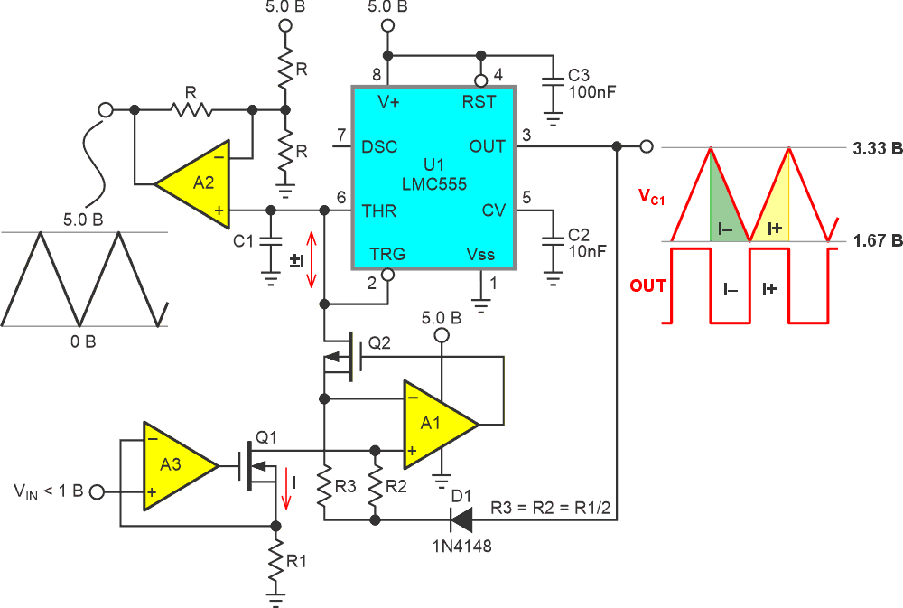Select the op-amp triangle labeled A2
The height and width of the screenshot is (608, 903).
tap(197, 183)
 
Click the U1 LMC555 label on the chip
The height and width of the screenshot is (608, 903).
tap(433, 176)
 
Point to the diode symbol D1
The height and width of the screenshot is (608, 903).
tap(461, 519)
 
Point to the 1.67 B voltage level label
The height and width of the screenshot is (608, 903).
tap(877, 241)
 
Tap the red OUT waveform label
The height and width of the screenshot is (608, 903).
tap(647, 286)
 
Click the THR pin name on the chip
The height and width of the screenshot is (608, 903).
tap(379, 210)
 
